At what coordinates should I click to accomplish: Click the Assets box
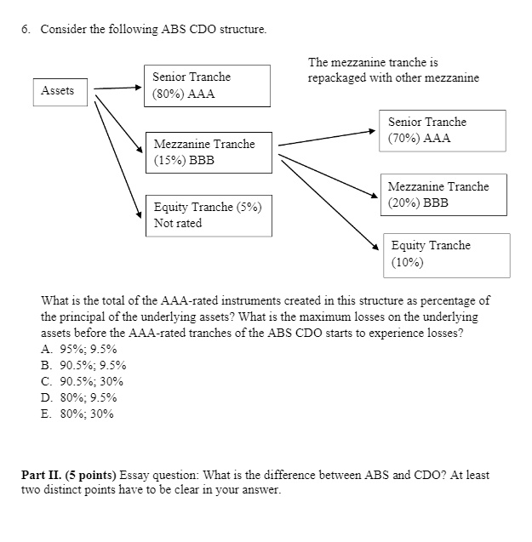58,91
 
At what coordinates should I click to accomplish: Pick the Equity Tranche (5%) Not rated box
209,215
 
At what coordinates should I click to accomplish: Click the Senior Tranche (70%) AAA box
443,130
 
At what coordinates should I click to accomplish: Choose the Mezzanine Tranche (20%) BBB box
444,195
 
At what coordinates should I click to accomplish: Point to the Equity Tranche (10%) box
445,254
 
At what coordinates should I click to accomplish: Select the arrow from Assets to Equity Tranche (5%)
117,157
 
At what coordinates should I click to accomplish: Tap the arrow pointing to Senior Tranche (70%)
327,138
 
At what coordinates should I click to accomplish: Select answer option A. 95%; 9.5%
79,349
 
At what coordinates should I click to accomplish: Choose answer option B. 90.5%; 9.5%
83,365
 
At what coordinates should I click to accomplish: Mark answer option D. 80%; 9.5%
79,397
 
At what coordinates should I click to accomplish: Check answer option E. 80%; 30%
77,414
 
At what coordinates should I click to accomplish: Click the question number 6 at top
26,30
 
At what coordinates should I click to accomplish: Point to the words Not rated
178,224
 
